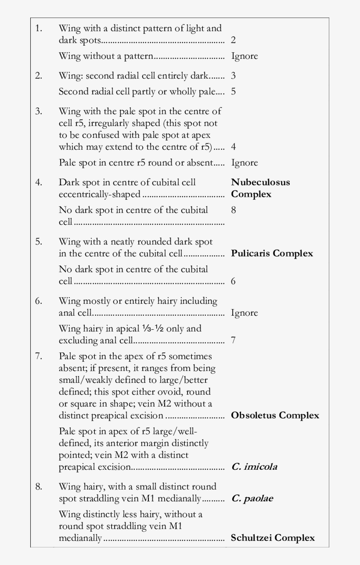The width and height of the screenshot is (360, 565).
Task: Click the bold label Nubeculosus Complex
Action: pyautogui.click(x=260, y=188)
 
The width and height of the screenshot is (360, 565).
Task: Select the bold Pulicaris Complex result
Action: pyautogui.click(x=272, y=253)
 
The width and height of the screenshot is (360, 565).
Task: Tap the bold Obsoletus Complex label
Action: pyautogui.click(x=275, y=415)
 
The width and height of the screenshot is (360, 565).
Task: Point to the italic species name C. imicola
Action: pyautogui.click(x=254, y=467)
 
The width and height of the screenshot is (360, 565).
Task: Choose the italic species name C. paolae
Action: pyautogui.click(x=252, y=499)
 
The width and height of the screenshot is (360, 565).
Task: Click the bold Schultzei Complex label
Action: pyautogui.click(x=273, y=538)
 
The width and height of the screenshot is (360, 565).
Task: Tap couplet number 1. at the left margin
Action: pyautogui.click(x=39, y=29)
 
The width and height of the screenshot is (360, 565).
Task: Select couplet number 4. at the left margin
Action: pyautogui.click(x=39, y=182)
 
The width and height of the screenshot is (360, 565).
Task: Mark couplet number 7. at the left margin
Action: pyautogui.click(x=39, y=356)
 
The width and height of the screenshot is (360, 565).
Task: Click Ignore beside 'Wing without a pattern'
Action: pyautogui.click(x=244, y=56)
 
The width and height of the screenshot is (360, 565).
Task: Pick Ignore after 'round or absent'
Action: pyautogui.click(x=244, y=163)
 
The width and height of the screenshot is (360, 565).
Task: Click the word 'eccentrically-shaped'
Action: pyautogui.click(x=99, y=194)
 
